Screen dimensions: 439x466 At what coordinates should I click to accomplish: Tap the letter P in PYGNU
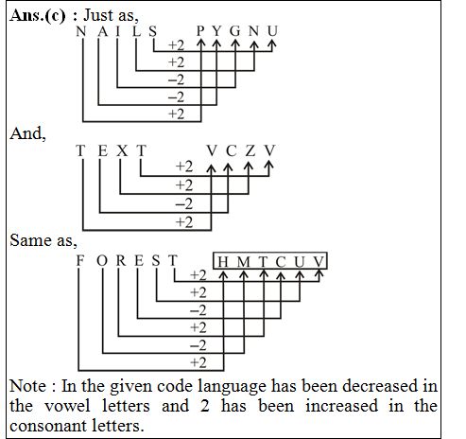point(201,31)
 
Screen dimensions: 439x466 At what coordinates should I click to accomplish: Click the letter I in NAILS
point(117,31)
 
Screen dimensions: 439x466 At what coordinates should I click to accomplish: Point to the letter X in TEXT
point(121,150)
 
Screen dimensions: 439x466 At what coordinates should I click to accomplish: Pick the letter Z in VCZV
point(250,150)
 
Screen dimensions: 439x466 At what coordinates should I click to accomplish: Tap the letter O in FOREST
point(102,260)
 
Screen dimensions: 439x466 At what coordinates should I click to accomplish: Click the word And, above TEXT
point(26,133)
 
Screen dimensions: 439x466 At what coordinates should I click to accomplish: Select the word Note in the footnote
point(27,386)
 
